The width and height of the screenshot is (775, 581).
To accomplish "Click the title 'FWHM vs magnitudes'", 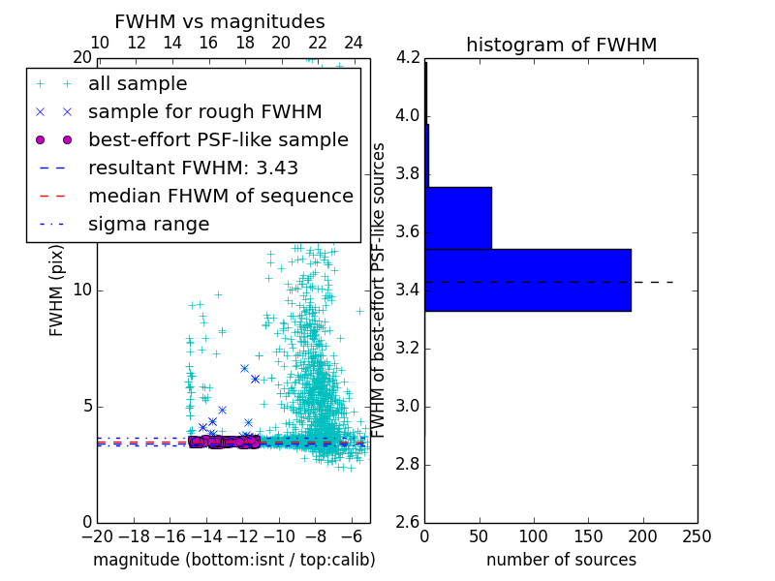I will pos(220,21).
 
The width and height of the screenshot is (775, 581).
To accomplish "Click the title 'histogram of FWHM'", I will pos(561,45).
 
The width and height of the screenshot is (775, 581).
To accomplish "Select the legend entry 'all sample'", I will pos(138,84).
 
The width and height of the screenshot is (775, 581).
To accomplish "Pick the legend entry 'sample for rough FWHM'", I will pos(204,111).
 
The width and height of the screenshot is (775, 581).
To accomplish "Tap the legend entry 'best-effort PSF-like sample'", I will pos(218,139).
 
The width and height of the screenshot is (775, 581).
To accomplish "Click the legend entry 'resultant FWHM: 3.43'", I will pos(193,168).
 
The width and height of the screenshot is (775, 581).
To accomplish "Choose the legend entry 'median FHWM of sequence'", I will pos(220,196).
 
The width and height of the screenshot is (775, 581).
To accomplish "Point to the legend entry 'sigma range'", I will pos(148,224).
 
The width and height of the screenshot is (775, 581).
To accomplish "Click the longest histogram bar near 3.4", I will pos(528,280).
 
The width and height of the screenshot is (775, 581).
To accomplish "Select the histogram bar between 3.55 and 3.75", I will pos(458,218).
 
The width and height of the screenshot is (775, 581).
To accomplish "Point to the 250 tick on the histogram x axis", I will pos(697,535).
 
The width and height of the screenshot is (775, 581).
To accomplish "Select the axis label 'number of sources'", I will pos(561,560).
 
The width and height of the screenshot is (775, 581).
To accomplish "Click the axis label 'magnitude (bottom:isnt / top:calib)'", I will pos(233,560).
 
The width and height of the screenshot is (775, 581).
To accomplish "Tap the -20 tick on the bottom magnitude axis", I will pos(97,535).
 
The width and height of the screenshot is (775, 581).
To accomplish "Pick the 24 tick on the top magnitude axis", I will pos(354,43).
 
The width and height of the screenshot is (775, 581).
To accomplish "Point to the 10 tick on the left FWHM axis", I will pos(82,290).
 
